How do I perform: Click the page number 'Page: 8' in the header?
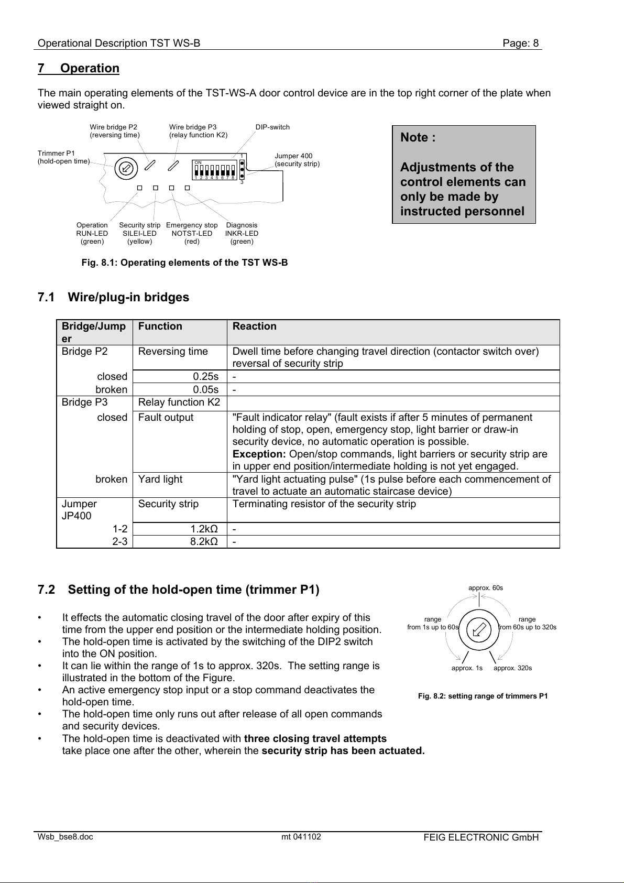tap(520, 43)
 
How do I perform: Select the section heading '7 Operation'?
tap(79, 69)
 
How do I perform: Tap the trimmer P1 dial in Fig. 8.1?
tap(126, 168)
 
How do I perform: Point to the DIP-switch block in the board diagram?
tap(215, 170)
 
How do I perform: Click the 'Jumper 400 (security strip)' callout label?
tap(297, 160)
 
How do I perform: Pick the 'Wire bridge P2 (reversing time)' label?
tap(115, 131)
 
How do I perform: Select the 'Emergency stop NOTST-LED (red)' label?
tap(192, 233)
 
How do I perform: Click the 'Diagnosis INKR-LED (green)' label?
tap(242, 233)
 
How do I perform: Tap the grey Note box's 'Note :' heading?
tap(418, 138)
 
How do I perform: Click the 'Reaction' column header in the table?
tap(255, 326)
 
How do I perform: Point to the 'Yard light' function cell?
tap(160, 479)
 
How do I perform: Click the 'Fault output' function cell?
tap(166, 418)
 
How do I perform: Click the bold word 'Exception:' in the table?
tap(259, 454)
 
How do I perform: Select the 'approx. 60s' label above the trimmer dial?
tap(486, 588)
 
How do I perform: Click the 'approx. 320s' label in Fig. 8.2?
tap(512, 668)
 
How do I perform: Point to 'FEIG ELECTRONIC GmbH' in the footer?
tap(481, 837)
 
